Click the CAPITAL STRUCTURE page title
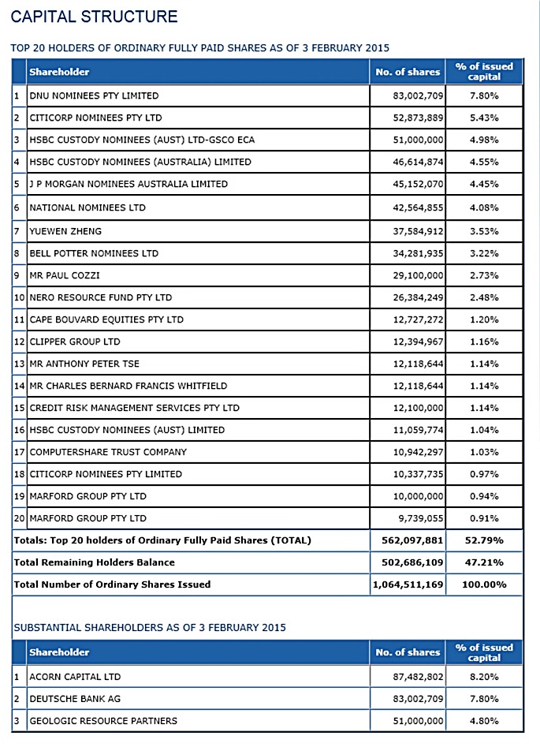[95, 17]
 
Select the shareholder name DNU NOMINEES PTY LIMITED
[95, 95]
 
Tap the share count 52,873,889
[418, 118]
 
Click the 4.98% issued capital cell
[484, 140]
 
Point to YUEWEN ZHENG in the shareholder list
[65, 232]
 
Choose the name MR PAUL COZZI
[65, 275]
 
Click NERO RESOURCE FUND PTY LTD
[101, 297]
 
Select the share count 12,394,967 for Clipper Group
[418, 342]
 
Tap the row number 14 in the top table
[19, 386]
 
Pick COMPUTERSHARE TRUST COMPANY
[108, 452]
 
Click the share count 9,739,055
[421, 518]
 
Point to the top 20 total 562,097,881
[412, 540]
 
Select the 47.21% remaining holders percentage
[484, 562]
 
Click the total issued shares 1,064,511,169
[408, 585]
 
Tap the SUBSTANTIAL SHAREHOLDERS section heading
[150, 627]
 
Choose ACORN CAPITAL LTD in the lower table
[75, 677]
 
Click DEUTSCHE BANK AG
[75, 699]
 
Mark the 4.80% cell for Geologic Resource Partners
[484, 721]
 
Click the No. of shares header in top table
[408, 72]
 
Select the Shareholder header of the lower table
[60, 652]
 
